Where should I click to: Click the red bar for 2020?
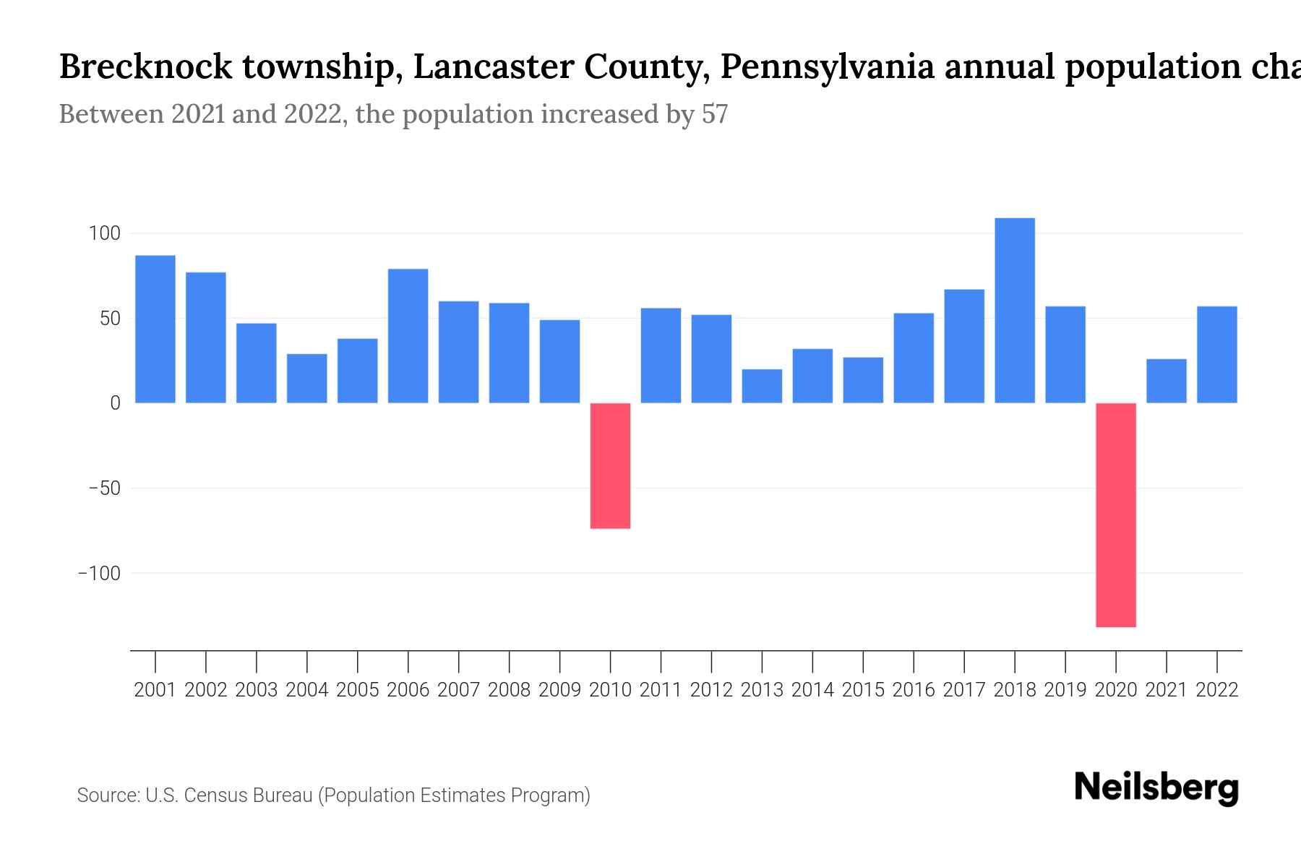click(x=1116, y=514)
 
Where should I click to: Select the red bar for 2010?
click(x=610, y=465)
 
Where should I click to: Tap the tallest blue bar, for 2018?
click(x=1015, y=311)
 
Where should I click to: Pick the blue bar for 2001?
click(x=155, y=329)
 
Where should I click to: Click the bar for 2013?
click(x=762, y=386)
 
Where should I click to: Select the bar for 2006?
click(x=408, y=336)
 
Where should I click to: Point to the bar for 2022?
click(x=1217, y=355)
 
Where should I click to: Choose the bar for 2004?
click(x=307, y=378)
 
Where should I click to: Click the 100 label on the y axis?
click(x=104, y=233)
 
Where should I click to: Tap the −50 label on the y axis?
click(x=105, y=488)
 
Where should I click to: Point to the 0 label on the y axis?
click(x=115, y=403)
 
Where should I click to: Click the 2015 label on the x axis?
click(x=863, y=690)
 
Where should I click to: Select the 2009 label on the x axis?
click(x=560, y=690)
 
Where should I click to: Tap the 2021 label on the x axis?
click(x=1167, y=690)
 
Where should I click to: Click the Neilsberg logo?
click(x=1156, y=788)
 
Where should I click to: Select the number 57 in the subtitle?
click(x=714, y=114)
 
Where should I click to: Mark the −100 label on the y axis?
click(x=99, y=573)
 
